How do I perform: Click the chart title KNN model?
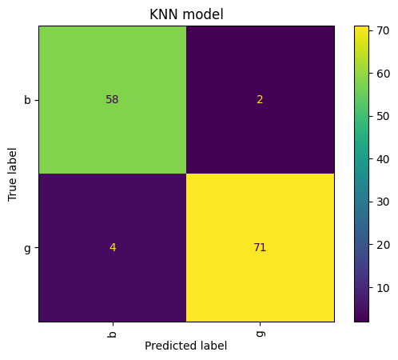186,14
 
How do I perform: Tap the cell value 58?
112,100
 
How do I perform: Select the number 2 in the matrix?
261,100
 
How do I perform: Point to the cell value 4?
113,247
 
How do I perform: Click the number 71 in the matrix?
260,247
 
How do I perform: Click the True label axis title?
13,174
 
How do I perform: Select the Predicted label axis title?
186,346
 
